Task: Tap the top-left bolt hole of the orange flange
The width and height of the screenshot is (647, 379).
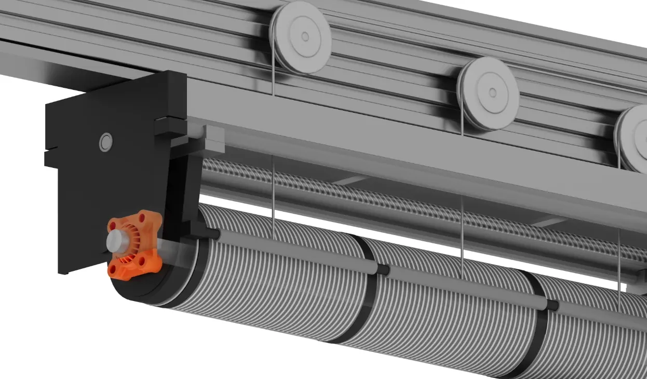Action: pyautogui.click(x=112, y=225)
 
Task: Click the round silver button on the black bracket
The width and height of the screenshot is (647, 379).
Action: pyautogui.click(x=106, y=141)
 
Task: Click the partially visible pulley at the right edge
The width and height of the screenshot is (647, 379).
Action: pyautogui.click(x=633, y=138)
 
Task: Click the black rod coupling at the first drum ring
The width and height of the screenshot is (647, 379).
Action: pyautogui.click(x=383, y=269)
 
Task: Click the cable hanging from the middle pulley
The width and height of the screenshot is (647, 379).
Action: pyautogui.click(x=462, y=218)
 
